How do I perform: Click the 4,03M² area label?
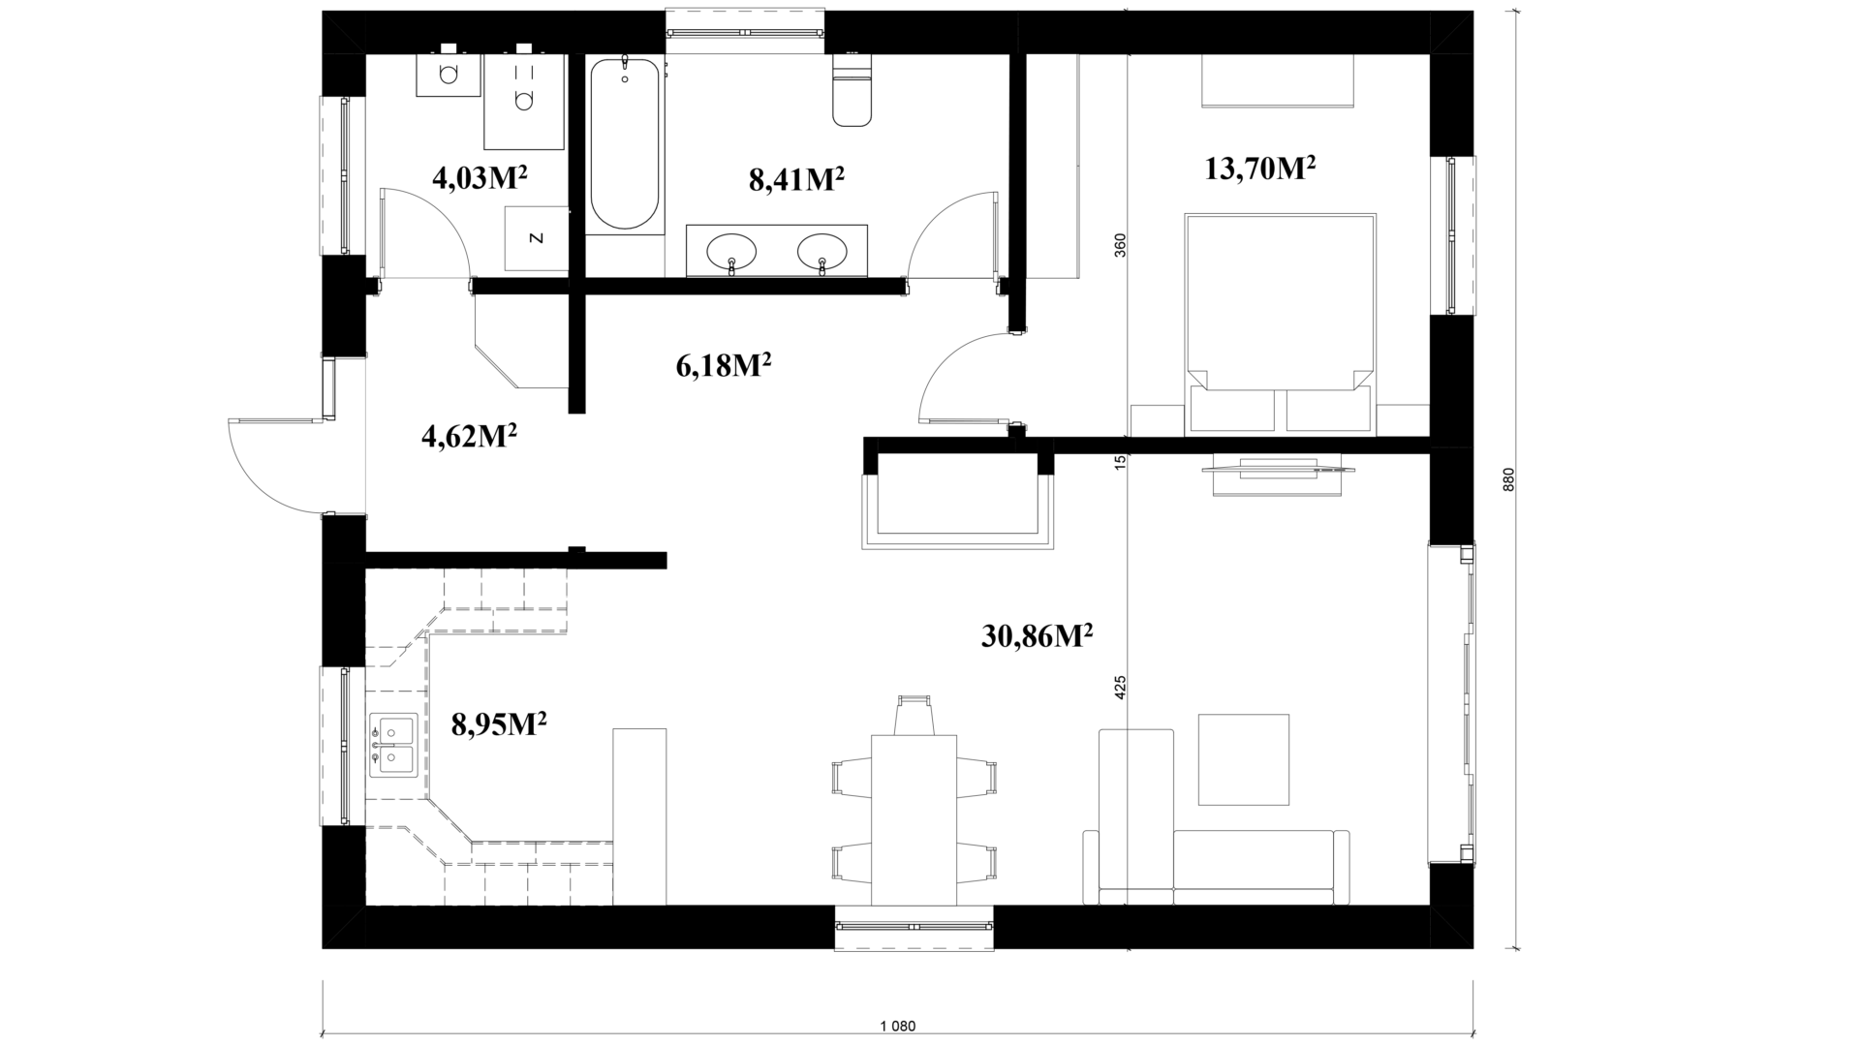coord(480,178)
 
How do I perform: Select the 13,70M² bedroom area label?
coord(1259,169)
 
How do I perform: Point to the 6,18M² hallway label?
coord(723,366)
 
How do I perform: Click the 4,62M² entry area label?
coord(469,436)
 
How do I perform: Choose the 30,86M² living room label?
coord(1038,635)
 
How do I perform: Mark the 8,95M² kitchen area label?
coord(500,723)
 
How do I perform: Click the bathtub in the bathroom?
coord(625,143)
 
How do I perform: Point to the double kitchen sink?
coord(392,745)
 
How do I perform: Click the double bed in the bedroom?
coord(1280,323)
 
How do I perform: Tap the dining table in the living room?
coord(914,819)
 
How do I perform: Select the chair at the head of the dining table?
coord(914,715)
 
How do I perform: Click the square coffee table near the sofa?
coord(1244,759)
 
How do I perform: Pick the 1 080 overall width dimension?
coord(898,1026)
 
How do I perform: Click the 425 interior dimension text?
coord(1121,688)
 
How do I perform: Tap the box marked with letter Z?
coord(536,238)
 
